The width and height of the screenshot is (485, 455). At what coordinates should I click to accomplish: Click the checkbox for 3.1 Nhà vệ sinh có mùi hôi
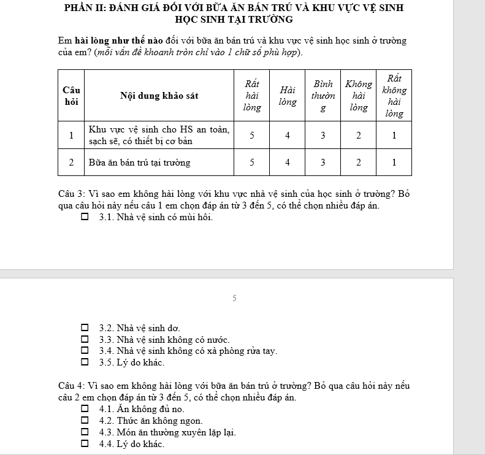(x=85, y=216)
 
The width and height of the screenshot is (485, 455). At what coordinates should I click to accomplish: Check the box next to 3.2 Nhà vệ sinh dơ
(x=85, y=328)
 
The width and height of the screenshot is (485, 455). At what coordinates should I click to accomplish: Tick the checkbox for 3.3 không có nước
(x=85, y=340)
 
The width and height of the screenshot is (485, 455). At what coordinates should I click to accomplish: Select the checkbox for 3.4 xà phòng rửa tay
(x=85, y=351)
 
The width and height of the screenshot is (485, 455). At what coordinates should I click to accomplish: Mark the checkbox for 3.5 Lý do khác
(x=85, y=363)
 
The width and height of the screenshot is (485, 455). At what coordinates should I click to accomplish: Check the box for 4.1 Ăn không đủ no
(x=85, y=409)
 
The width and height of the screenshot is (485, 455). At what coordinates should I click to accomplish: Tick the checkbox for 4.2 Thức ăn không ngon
(x=85, y=421)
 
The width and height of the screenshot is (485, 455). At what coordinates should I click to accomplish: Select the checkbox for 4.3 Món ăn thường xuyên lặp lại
(x=85, y=432)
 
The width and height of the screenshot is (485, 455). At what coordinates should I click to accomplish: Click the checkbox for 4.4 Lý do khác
(x=85, y=444)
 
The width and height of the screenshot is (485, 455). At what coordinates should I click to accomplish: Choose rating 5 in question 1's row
(x=251, y=136)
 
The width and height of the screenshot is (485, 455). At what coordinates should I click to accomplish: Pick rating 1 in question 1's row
(x=394, y=136)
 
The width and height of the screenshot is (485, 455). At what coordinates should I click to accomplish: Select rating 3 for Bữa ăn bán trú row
(x=323, y=162)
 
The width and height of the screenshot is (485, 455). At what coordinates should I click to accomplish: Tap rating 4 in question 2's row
(x=288, y=162)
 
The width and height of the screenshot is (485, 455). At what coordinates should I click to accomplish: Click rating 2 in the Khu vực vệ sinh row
(x=359, y=136)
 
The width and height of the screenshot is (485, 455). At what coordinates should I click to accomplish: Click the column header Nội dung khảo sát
(x=159, y=96)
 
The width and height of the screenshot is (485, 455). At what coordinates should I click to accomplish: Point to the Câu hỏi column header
(x=71, y=96)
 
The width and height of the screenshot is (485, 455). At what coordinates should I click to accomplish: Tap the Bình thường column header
(x=323, y=96)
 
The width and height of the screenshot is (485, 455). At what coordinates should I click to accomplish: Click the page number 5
(x=234, y=299)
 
